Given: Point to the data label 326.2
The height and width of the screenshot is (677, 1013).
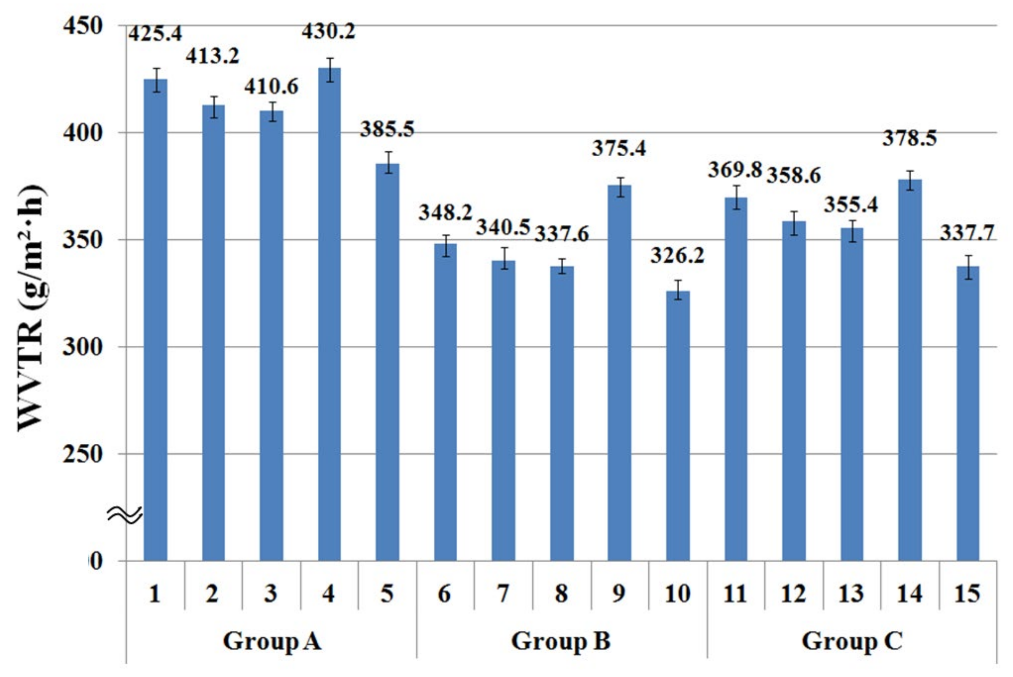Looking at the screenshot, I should coord(677,256).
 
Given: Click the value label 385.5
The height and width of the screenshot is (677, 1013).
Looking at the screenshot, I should coord(387,130).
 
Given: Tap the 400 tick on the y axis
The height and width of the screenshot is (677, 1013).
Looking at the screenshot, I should coord(82,133).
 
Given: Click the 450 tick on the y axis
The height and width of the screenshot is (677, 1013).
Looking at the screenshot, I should coord(82,26).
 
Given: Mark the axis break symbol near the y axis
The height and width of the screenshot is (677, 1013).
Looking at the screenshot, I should coord(124,515).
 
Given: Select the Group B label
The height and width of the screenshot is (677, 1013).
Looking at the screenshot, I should coord(561,641).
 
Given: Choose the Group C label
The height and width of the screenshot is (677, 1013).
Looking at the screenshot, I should coord(852,641).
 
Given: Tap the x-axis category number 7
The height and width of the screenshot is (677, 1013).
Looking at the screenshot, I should coord(503,594).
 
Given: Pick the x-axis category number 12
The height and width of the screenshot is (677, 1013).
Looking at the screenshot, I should coord(793,594).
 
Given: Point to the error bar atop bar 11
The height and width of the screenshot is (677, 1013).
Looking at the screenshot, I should coord(736,198).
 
